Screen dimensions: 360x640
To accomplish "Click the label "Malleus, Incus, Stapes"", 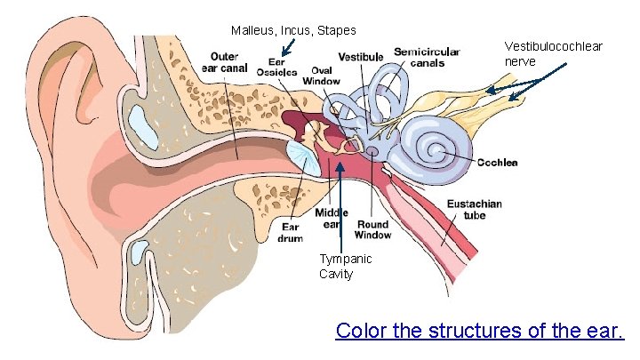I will (293, 31).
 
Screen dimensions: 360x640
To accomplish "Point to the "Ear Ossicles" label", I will (278, 67).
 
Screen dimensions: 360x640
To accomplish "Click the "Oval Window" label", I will (321, 76).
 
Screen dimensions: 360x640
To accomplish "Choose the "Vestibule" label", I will (361, 58).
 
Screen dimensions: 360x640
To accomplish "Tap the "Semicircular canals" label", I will (427, 58).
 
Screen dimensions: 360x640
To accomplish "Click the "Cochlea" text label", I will (497, 163).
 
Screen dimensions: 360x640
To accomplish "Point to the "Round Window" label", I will (372, 229).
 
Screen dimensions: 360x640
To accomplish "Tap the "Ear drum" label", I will (291, 232).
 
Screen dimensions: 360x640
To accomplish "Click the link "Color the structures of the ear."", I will (480, 331).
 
